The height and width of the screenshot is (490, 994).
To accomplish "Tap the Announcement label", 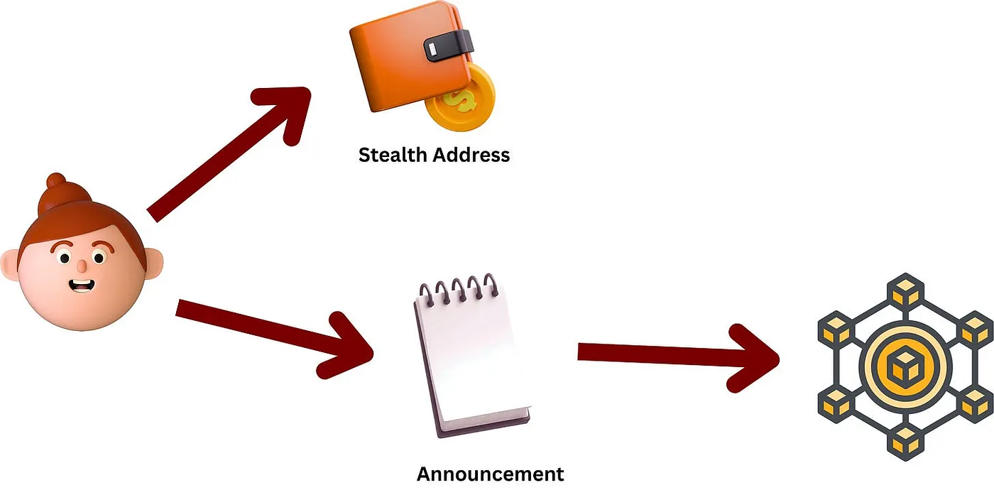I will point(490,474).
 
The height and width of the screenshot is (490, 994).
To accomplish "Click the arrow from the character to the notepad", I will point(277,334).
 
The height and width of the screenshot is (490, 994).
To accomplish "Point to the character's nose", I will point(82,265).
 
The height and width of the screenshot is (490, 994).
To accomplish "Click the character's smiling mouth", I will point(82,285).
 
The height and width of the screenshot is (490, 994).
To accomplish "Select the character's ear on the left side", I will point(10,265).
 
